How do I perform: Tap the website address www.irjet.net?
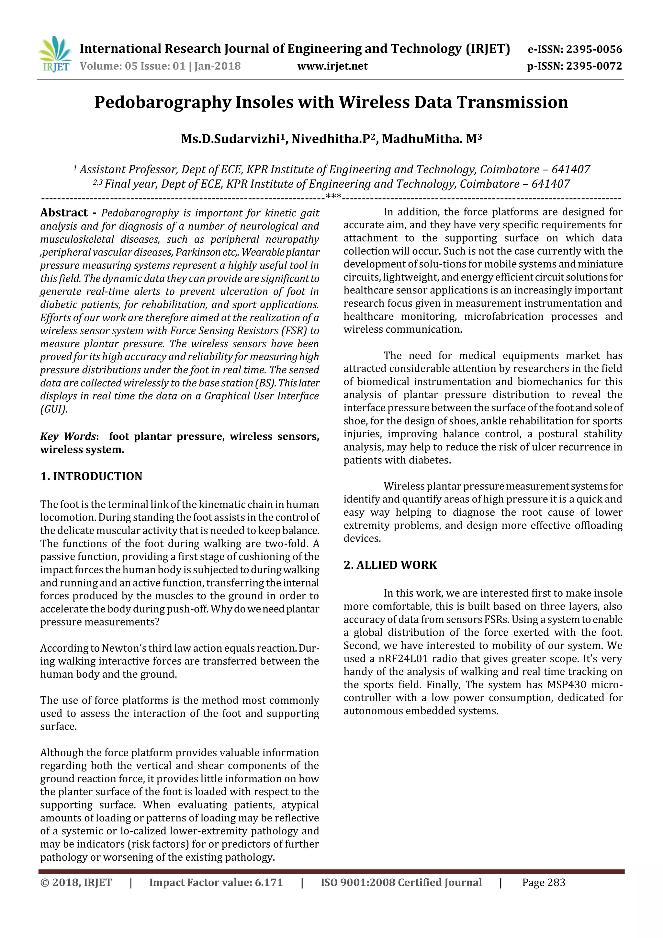[x=332, y=66]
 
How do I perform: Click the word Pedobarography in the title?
[x=163, y=102]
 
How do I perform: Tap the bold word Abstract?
[x=64, y=213]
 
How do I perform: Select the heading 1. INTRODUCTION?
[x=91, y=476]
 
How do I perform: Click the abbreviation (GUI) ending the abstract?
[x=53, y=409]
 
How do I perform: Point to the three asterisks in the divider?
[x=333, y=197]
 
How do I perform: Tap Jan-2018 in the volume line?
[x=217, y=66]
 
